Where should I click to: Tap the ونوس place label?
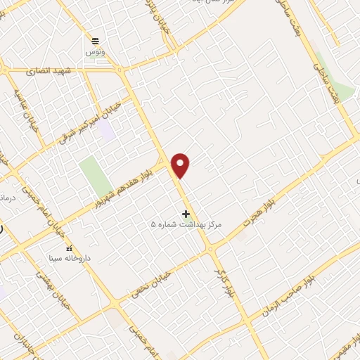[94, 52]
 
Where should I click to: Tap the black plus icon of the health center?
[186, 214]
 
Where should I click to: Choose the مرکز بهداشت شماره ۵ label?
[186, 224]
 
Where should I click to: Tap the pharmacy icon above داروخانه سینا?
[68, 249]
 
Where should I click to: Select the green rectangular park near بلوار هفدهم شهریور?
[95, 176]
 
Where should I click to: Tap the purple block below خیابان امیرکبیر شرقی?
[106, 129]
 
